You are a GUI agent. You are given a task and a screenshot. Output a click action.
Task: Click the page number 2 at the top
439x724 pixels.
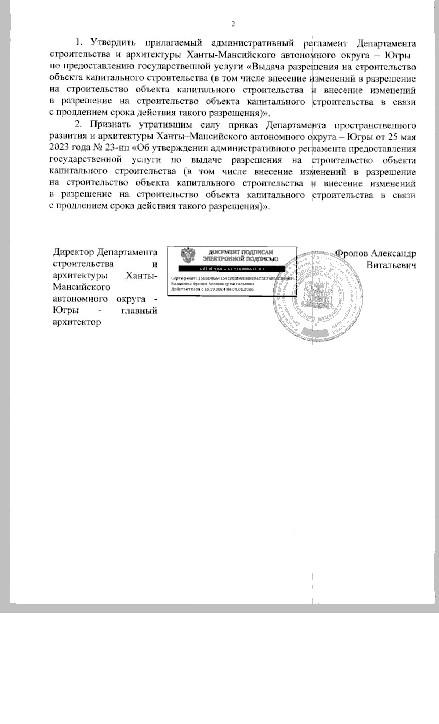[x=233, y=24]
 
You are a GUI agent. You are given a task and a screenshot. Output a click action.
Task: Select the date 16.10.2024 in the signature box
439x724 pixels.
[x=214, y=289]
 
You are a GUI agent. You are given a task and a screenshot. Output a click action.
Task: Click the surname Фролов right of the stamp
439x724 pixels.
[x=352, y=253]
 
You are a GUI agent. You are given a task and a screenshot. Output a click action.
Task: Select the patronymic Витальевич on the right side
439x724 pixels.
[x=392, y=264]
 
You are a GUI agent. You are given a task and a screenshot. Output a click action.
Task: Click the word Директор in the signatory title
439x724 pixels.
[x=74, y=253]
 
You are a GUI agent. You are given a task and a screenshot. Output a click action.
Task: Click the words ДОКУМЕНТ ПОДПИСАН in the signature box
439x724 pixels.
[x=240, y=252]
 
